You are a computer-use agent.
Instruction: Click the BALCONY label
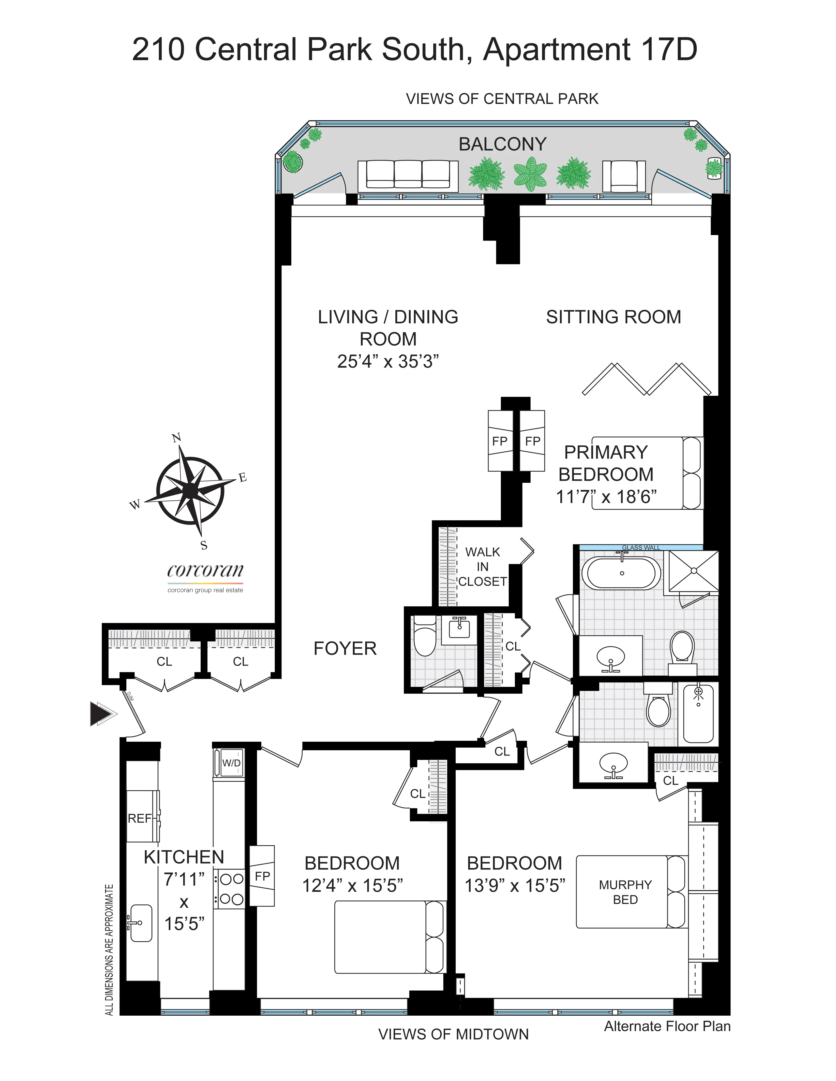click(x=502, y=144)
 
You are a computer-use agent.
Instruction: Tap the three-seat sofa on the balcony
click(x=408, y=174)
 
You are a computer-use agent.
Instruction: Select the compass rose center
click(x=189, y=490)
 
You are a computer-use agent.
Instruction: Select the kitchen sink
click(x=141, y=923)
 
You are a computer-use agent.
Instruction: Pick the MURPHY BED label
click(x=625, y=892)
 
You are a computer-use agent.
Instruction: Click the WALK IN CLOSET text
click(x=482, y=567)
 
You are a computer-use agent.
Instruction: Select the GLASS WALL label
click(x=641, y=547)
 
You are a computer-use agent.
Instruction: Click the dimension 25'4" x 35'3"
click(x=388, y=361)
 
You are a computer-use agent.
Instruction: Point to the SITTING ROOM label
click(x=613, y=317)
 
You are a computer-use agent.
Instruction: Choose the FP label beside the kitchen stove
click(x=262, y=876)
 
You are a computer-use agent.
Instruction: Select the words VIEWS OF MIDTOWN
click(x=453, y=1034)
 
